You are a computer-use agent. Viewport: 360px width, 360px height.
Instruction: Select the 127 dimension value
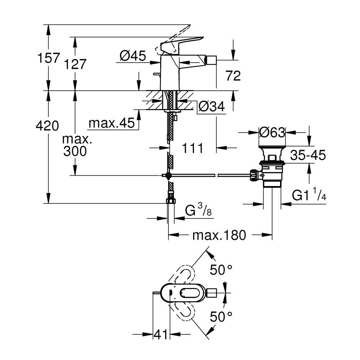click(76, 64)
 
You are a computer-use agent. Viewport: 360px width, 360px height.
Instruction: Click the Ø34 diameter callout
click(212, 106)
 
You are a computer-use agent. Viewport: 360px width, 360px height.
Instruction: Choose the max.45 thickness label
click(112, 123)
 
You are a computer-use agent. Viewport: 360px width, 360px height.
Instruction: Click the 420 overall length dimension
click(47, 126)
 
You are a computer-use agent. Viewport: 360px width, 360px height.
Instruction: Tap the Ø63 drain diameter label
click(272, 133)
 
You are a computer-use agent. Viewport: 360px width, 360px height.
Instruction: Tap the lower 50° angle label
click(221, 317)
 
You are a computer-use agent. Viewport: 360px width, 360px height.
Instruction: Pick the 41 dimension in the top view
click(161, 334)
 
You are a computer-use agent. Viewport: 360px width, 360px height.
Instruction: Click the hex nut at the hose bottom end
click(171, 200)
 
